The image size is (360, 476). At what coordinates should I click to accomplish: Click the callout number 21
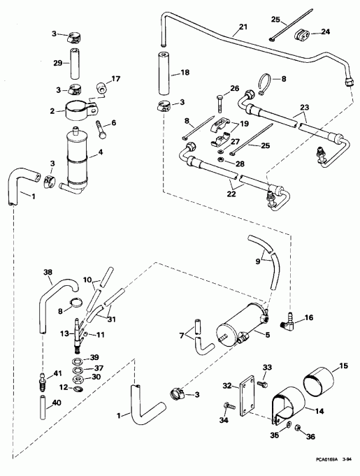pos(243,29)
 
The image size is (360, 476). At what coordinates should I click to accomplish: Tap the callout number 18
pos(185,72)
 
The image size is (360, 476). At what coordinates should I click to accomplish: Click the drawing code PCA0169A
pos(325,461)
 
